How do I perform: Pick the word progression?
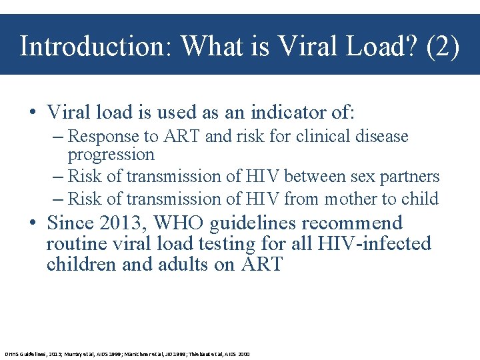(x=111, y=155)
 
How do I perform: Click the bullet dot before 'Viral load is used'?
(x=33, y=111)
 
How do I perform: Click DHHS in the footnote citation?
(x=13, y=354)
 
